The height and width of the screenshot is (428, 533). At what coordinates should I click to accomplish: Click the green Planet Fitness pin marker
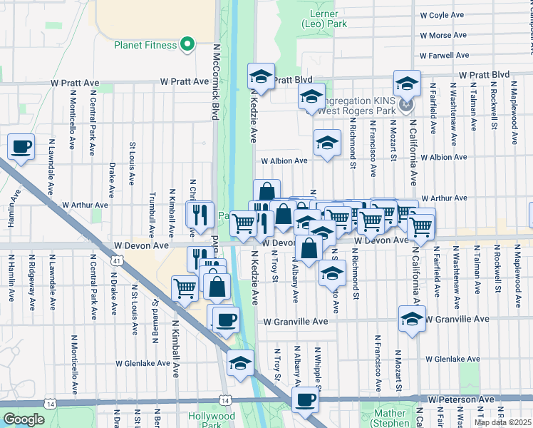188,45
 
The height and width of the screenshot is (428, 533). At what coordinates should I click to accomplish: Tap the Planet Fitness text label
145,46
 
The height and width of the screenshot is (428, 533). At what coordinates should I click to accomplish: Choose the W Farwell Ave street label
445,55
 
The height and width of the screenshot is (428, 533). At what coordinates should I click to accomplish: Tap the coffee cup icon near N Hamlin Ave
21,147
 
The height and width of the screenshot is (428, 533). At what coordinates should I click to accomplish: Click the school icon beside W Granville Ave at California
412,319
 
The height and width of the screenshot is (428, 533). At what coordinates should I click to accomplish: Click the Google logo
24,419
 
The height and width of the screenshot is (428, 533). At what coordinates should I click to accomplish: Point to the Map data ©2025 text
502,422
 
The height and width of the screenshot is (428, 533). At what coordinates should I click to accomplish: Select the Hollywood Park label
212,420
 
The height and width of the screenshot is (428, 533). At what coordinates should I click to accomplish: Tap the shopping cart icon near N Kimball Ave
185,288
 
